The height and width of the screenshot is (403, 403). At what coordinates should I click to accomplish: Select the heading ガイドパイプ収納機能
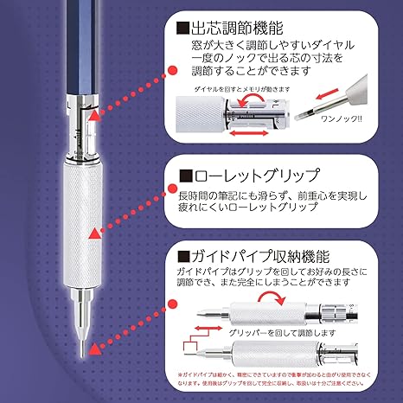click(259, 256)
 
